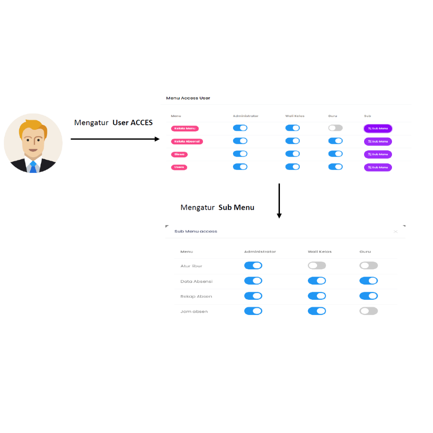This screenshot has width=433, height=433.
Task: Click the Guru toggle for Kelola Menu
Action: pos(335,128)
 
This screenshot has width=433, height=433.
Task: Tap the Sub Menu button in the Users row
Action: pos(378,167)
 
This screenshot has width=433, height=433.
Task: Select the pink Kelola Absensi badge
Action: pos(187,141)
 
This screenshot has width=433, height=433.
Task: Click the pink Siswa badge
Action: pos(179,154)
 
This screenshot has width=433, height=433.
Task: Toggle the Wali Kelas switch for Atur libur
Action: pos(317,266)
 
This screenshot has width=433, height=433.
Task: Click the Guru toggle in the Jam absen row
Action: pos(368,311)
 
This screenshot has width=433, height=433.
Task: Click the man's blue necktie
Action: pos(33,167)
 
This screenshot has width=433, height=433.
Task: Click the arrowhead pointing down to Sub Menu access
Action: pos(279,216)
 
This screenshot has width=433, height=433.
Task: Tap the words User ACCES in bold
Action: pos(132,123)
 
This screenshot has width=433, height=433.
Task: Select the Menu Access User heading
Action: pos(188,98)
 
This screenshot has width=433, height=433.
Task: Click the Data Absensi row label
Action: pos(196,281)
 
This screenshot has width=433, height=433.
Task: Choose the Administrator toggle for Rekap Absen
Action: pos(253,296)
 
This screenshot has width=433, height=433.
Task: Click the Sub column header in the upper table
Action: pos(367,116)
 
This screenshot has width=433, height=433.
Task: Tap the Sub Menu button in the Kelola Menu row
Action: pos(378,128)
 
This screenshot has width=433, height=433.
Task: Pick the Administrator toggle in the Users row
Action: pos(240,167)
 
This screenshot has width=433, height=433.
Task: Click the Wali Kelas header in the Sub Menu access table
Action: pos(319,252)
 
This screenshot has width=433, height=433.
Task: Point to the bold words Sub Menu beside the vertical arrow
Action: pos(236,208)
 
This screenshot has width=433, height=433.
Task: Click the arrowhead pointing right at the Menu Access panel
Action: pos(157,139)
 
